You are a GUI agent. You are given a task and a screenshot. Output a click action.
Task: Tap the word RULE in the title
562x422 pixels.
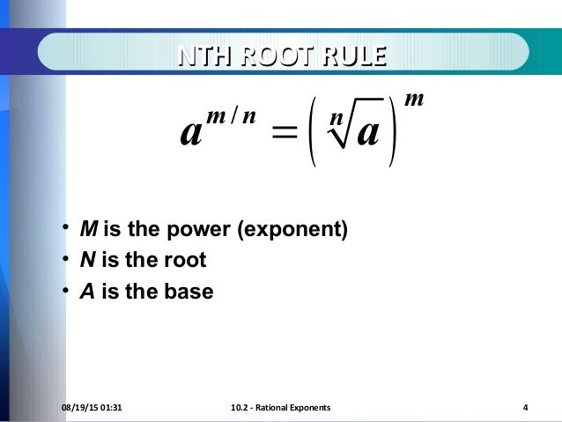[352, 56]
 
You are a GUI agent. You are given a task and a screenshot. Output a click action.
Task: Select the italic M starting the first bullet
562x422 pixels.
[88, 231]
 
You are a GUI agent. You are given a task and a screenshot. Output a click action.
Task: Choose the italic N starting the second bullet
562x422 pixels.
[87, 261]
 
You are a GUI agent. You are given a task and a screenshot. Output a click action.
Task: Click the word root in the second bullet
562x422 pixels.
[188, 261]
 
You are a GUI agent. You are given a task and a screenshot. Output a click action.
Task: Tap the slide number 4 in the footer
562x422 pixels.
[525, 407]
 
